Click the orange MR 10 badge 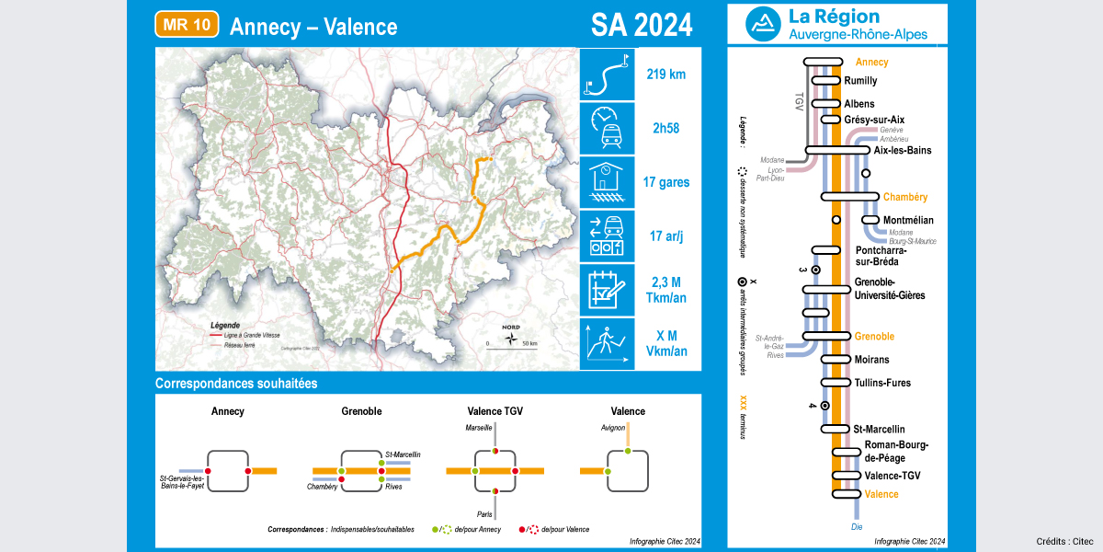coord(187,25)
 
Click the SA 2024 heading coord(642,26)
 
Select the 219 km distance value coord(666,75)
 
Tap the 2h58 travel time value coord(666,129)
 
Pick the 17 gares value coord(666,182)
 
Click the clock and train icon coord(607,129)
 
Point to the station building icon coord(607,182)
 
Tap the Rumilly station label coord(860,81)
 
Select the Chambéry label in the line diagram coord(905,197)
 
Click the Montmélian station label coord(908,220)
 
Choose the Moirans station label coord(872,360)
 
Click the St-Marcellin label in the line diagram coord(879,429)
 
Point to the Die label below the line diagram coord(857,528)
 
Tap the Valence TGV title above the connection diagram coord(495,411)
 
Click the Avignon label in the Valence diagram coord(613,428)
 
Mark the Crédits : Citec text coord(1063,541)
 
